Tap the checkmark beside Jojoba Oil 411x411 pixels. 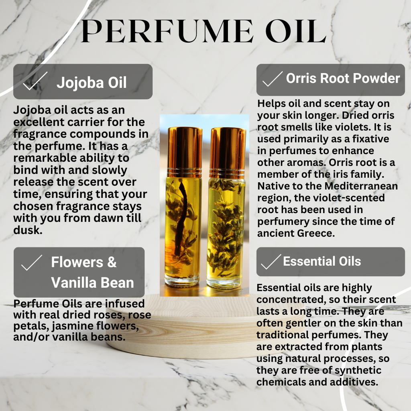click(x=35, y=81)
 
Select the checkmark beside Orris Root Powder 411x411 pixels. click(x=272, y=79)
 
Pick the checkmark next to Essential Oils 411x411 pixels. click(x=271, y=262)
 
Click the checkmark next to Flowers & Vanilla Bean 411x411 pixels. click(x=31, y=263)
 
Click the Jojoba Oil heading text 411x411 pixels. click(x=92, y=83)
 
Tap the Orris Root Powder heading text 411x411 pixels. click(x=343, y=78)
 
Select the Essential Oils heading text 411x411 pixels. click(x=322, y=261)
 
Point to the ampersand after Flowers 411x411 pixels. click(x=112, y=262)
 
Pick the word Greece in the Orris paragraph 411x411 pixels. click(x=315, y=233)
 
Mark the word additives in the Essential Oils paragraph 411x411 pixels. click(x=356, y=382)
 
